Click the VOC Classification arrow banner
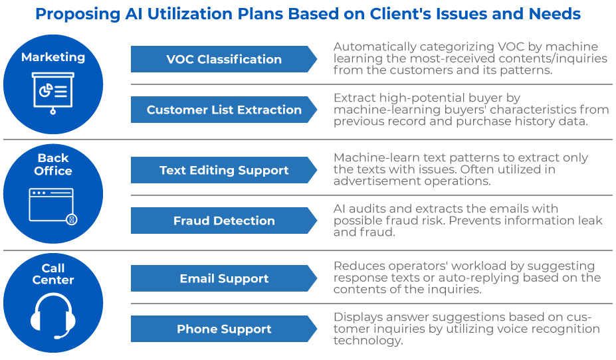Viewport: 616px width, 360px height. point(224,59)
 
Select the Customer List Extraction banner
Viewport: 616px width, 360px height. point(224,110)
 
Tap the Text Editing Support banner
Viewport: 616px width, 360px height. point(224,170)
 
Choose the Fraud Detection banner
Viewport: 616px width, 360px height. point(224,221)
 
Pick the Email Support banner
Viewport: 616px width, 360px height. point(224,278)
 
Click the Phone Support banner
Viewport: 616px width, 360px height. point(224,329)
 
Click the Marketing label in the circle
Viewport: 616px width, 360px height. point(53,57)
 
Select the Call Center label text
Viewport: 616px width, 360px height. point(53,274)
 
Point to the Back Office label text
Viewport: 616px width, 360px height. point(53,165)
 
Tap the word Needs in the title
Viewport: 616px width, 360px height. point(554,14)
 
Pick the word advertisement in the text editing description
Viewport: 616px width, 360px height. point(379,181)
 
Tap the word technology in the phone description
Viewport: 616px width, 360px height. point(368,341)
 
